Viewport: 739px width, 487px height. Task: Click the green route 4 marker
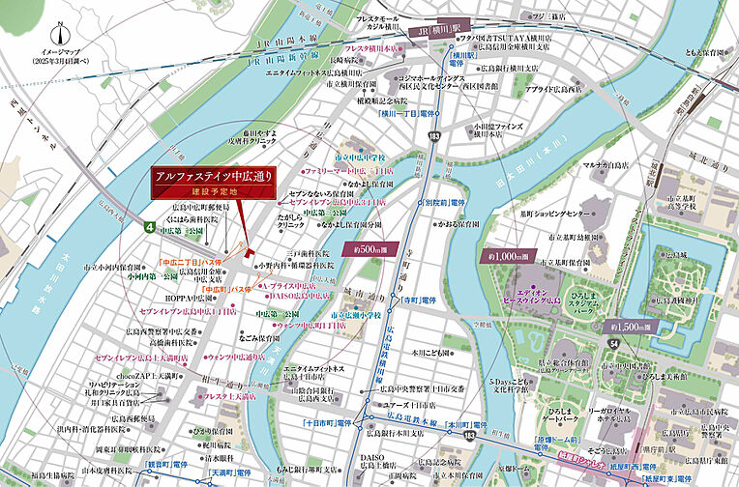tap(149, 227)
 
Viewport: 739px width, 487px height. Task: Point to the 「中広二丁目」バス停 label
tap(191, 262)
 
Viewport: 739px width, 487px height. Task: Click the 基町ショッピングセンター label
tap(555, 214)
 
